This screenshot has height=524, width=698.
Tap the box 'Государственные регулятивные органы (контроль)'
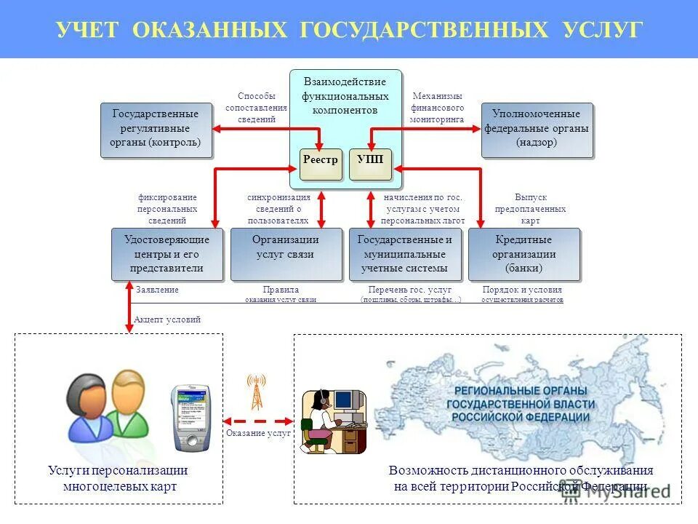(x=156, y=130)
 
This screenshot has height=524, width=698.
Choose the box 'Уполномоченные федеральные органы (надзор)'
(x=537, y=130)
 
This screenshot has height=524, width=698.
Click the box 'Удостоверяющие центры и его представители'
(x=167, y=254)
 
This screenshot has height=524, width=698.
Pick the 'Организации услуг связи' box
(x=286, y=254)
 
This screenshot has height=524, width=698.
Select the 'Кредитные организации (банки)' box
(x=523, y=254)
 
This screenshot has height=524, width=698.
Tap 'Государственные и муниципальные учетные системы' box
(x=405, y=254)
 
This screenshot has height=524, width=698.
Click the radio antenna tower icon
(x=256, y=393)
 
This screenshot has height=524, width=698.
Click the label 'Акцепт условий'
(x=167, y=319)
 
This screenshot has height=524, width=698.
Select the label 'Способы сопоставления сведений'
(x=256, y=108)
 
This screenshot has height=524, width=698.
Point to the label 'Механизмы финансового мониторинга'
(x=438, y=108)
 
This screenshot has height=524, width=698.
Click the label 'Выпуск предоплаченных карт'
(x=530, y=209)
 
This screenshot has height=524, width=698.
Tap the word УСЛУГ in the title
(x=603, y=29)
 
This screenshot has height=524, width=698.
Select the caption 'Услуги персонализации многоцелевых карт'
(x=118, y=478)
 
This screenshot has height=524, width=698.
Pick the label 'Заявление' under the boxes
(x=157, y=290)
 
